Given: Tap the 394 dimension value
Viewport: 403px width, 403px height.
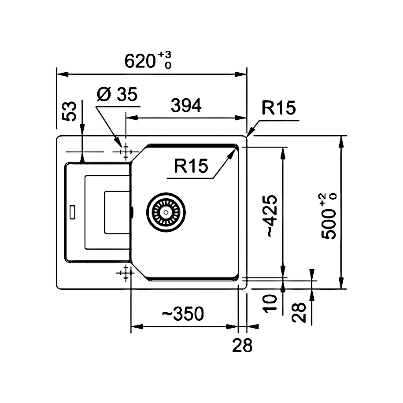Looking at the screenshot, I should click(186, 105).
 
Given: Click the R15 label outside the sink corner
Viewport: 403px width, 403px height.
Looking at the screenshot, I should click(279, 108).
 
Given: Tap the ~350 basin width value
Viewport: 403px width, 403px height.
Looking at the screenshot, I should click(183, 314).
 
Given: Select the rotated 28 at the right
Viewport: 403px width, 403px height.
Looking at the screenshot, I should click(300, 312).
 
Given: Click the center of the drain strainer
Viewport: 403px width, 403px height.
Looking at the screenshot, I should click(166, 212).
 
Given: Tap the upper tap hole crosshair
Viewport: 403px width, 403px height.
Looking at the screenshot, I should click(125, 152).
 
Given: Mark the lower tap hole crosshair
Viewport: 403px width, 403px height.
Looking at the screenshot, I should click(125, 272).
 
